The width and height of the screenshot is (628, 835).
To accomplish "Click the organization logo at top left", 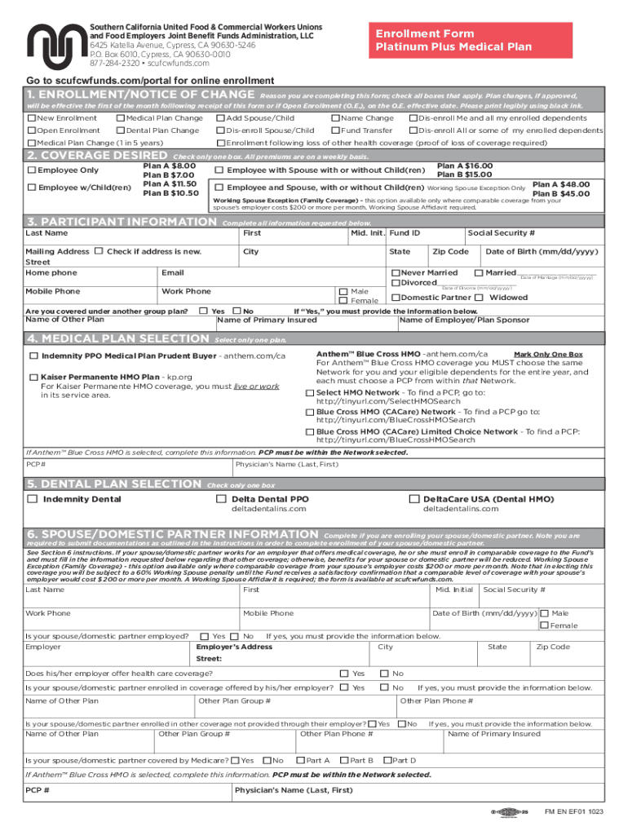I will (x=55, y=46).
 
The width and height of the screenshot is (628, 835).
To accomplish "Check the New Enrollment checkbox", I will (x=31, y=118).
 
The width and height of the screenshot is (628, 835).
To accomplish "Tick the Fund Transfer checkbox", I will (x=335, y=130).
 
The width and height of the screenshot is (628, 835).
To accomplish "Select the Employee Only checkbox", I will (x=31, y=170).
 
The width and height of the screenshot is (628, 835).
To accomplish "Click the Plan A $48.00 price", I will (x=562, y=184).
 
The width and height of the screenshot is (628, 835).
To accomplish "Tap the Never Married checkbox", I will (x=396, y=272).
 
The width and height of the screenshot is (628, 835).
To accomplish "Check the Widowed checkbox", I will (x=480, y=298).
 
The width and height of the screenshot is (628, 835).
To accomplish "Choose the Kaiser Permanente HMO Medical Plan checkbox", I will (x=33, y=378).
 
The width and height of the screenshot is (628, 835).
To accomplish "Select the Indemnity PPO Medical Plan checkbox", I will (x=33, y=356).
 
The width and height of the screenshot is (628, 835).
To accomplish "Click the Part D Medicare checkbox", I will (x=387, y=761).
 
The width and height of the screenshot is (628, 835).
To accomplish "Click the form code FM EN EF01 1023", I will (x=574, y=812).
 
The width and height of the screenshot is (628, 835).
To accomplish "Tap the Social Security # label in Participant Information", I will (x=501, y=234).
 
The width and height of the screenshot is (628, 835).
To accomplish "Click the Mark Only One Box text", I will (x=547, y=355).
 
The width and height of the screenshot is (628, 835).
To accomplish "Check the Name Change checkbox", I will (x=335, y=118).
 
